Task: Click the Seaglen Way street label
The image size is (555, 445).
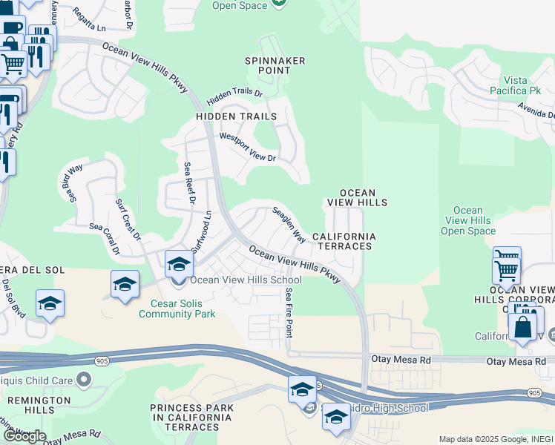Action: [x=289, y=225]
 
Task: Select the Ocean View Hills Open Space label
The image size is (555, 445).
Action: [x=467, y=221]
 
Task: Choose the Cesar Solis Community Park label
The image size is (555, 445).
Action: [x=177, y=308]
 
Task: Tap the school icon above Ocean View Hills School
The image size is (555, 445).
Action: [x=179, y=263]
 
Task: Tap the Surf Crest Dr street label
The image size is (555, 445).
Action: [x=128, y=220]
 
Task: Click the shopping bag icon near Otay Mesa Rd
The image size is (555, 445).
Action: [x=522, y=326]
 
